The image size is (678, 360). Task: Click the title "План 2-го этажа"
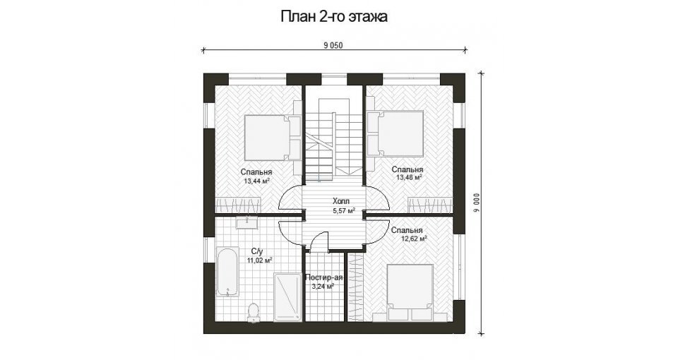point(334,16)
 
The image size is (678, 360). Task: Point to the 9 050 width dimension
point(333,46)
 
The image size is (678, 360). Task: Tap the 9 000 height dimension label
point(477,203)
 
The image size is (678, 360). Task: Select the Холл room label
point(341,201)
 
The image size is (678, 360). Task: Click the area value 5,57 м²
point(344,210)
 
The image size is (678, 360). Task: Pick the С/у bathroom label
point(257,251)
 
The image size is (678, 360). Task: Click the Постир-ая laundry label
point(323,277)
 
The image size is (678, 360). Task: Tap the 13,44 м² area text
point(257,181)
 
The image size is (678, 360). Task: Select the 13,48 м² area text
point(409,177)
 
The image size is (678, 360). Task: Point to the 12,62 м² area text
point(415,238)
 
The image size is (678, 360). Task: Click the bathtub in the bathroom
point(227,272)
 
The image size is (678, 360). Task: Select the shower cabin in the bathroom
point(287,297)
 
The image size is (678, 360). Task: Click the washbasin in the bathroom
point(247,222)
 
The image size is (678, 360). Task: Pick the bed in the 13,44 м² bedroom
point(273,138)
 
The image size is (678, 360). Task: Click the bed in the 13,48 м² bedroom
point(395,133)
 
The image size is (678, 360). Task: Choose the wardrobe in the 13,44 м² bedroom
point(238,205)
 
